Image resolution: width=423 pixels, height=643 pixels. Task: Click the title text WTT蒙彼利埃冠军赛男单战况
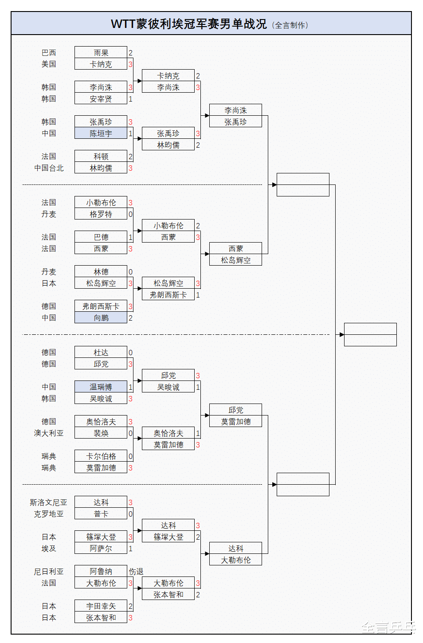point(188,24)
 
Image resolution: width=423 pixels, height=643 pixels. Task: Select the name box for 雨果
point(101,52)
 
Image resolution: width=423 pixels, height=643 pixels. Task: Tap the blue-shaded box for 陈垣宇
point(101,133)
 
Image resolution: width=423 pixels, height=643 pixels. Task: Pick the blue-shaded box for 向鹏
point(101,318)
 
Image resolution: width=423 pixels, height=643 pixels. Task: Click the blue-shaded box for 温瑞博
point(101,387)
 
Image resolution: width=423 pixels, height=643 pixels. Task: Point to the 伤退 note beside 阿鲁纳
point(136,571)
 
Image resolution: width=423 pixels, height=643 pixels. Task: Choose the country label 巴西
point(49,52)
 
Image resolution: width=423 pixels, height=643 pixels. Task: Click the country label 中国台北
point(49,168)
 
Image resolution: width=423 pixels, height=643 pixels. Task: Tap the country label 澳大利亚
point(49,433)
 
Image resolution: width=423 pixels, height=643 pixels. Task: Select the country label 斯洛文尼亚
point(48,502)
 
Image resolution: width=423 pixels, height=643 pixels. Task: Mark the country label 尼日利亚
point(49,571)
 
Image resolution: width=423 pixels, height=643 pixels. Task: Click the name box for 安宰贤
point(101,98)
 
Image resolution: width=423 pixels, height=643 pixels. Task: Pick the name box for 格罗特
point(101,214)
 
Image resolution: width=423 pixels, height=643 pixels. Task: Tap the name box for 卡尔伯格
point(101,456)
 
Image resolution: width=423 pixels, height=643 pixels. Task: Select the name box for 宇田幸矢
point(101,606)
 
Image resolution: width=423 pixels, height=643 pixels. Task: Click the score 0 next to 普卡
point(130,514)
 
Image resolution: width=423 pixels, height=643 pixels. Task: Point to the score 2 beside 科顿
point(130,156)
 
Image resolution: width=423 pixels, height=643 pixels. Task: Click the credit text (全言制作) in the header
point(290,25)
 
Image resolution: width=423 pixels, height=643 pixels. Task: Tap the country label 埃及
point(49,548)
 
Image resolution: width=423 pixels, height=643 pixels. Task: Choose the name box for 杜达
point(101,352)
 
